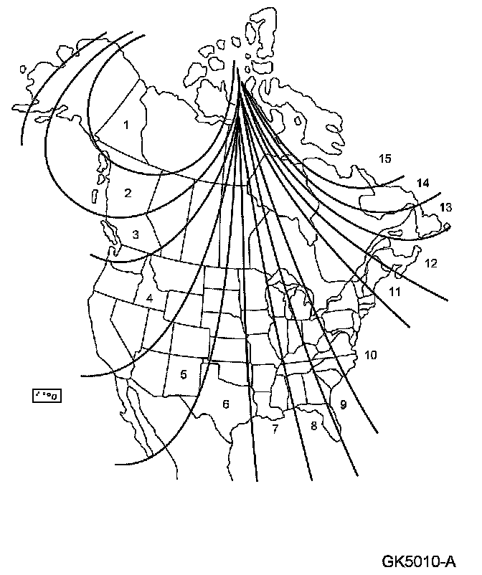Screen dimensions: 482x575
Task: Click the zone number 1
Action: tap(126, 125)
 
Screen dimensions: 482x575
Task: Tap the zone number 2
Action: tap(128, 192)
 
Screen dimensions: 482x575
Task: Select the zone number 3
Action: tap(135, 234)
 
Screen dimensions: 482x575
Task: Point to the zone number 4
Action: tap(149, 298)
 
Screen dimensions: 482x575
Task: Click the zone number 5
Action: tap(184, 374)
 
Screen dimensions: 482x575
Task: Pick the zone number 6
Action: tap(226, 404)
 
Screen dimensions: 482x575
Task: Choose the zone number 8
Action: tap(313, 425)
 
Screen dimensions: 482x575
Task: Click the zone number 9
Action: tap(344, 404)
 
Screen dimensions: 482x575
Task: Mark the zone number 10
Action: tap(370, 354)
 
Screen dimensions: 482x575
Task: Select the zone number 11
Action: tap(394, 291)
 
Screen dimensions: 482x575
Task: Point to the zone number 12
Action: tap(430, 263)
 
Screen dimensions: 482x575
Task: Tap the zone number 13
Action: tap(445, 208)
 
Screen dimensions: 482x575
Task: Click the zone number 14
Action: tap(422, 184)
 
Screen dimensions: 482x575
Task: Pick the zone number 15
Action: tap(386, 158)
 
